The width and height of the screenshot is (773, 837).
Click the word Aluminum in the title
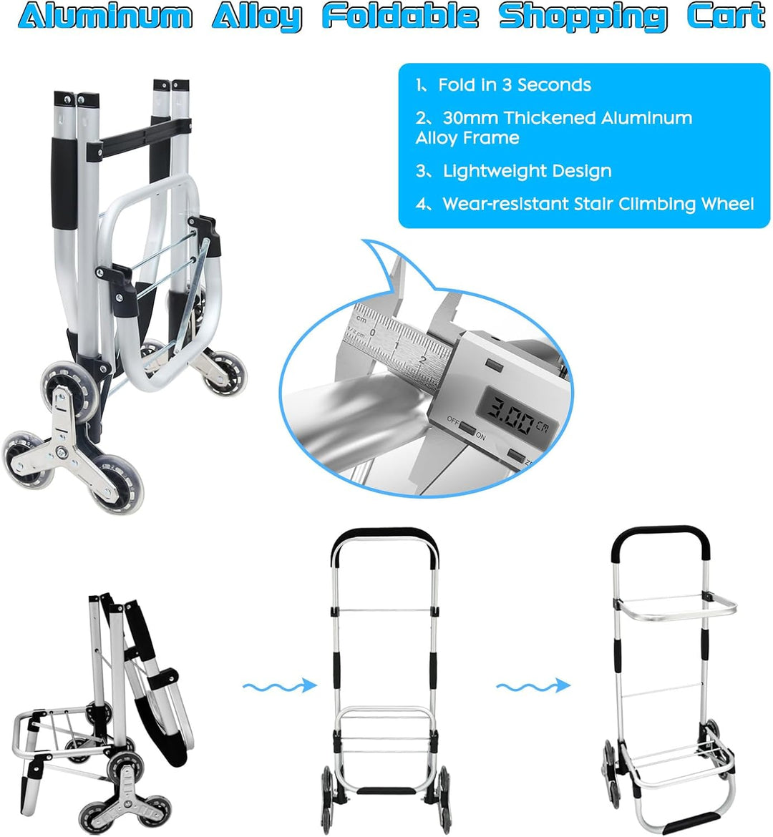[105, 16]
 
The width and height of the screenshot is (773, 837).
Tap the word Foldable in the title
[400, 16]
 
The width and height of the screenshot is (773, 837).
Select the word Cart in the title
[726, 16]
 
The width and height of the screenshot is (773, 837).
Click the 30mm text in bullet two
[470, 117]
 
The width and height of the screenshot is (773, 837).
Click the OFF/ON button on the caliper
[467, 428]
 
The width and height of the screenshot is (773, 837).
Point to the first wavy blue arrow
[279, 686]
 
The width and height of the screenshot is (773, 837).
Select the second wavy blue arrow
[533, 686]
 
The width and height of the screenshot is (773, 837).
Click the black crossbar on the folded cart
[138, 138]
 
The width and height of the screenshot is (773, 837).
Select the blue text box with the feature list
[584, 145]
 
